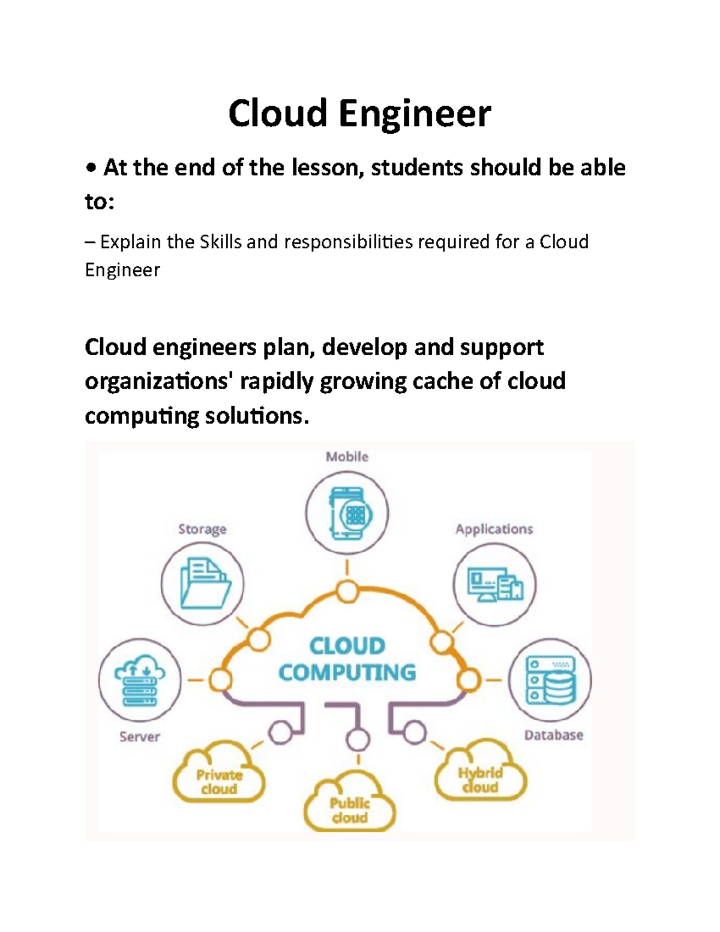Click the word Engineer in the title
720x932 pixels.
tap(415, 114)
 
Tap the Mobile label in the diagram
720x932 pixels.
tap(347, 457)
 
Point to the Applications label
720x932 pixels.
tap(494, 529)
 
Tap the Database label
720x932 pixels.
tap(553, 735)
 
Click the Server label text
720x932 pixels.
tap(139, 737)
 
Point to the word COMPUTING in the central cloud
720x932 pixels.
tap(347, 673)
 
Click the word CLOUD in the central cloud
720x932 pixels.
tap(347, 646)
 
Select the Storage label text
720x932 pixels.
tap(202, 529)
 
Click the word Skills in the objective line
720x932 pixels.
tap(220, 242)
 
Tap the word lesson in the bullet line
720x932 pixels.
tap(328, 167)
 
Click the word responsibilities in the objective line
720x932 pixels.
tap(348, 242)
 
